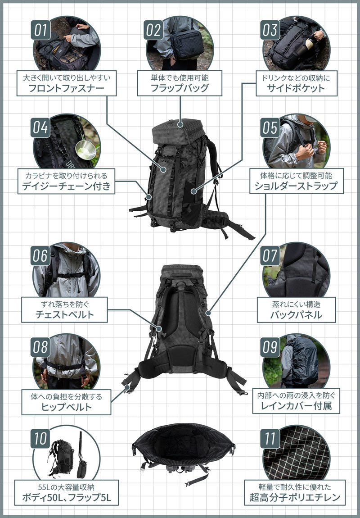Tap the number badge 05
[x=270, y=127]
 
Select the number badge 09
[x=270, y=347]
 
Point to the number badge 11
[x=270, y=438]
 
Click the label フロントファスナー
[x=66, y=87]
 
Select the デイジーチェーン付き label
[x=66, y=186]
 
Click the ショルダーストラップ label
[x=297, y=186]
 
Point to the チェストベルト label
[x=65, y=314]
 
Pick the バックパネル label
[x=296, y=314]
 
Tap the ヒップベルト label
[x=66, y=407]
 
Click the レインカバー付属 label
[x=296, y=407]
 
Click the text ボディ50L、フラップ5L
[x=66, y=498]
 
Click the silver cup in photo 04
[x=85, y=150]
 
